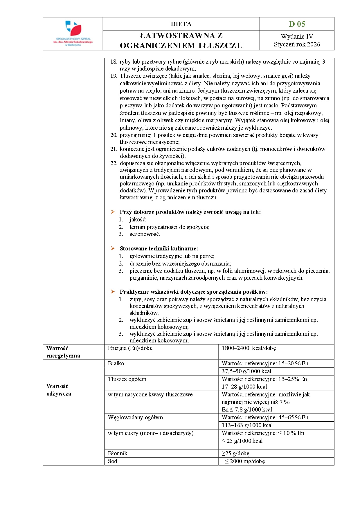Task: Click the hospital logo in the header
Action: coord(73,33)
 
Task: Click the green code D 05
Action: coord(297,24)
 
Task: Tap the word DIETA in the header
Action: coord(181,24)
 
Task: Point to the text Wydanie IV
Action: coord(297,37)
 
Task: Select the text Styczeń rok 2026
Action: coord(297,44)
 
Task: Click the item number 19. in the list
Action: coord(114,76)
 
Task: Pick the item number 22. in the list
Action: coord(114,163)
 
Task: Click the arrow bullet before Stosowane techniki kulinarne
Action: coord(113,248)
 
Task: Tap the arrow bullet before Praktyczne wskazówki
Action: coord(113,292)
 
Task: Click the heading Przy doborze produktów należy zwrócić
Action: coord(190,212)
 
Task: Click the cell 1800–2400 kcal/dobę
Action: coord(249,348)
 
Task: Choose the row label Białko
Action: coord(116,363)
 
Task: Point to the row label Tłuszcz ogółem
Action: coord(127,379)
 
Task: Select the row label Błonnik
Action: coord(118,453)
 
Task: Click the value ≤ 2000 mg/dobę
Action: coord(244,461)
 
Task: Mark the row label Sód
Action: coord(112,461)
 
